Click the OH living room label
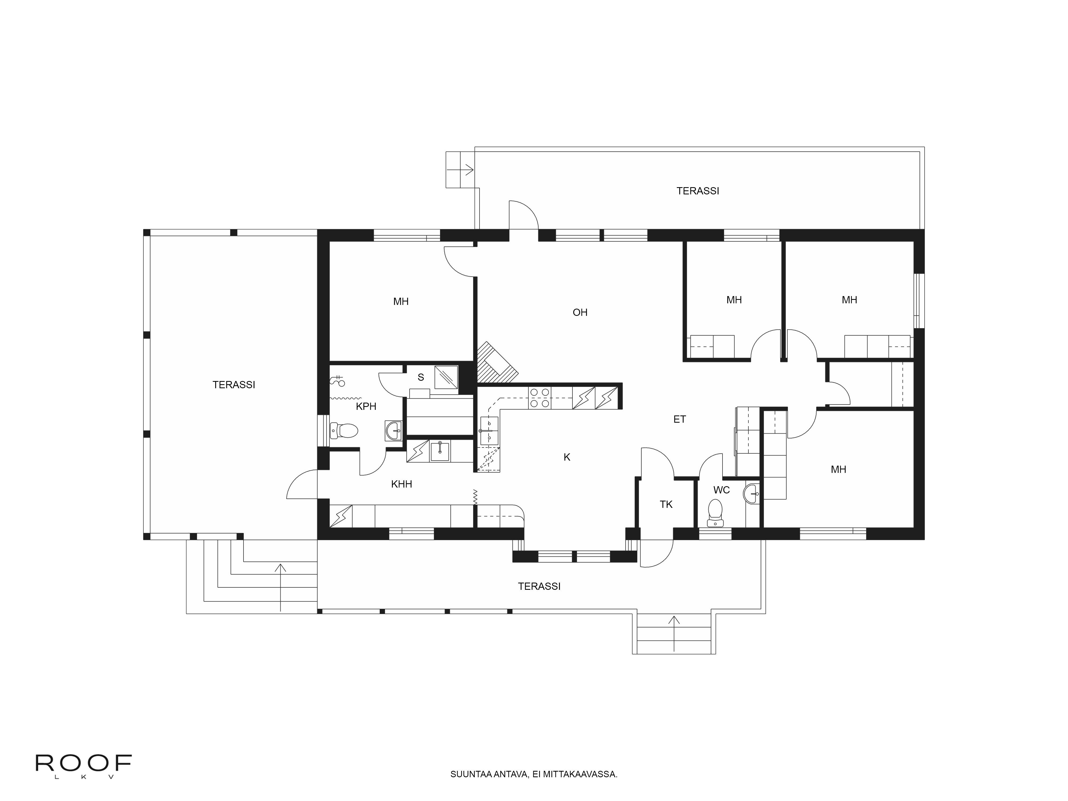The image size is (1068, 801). coord(580,312)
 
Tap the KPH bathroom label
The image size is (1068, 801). coord(366,407)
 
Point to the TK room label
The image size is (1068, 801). coord(666,505)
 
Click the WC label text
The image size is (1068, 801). coord(721,490)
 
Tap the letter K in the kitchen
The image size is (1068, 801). coord(567,457)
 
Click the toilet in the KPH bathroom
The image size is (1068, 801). coord(344,430)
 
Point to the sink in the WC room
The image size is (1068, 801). coord(752,493)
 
